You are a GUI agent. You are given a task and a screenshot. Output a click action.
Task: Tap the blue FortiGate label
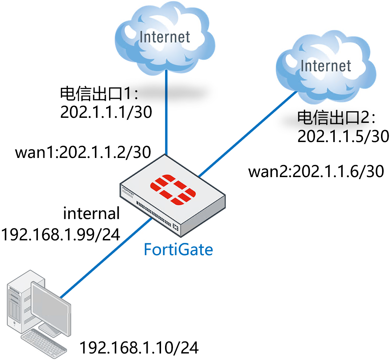[178, 249]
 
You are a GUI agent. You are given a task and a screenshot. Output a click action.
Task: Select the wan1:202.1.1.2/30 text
[83, 153]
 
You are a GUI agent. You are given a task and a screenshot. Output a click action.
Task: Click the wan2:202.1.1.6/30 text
[316, 172]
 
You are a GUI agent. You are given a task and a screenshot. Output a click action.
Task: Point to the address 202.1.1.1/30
[105, 113]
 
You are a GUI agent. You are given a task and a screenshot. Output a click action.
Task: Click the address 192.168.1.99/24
[61, 234]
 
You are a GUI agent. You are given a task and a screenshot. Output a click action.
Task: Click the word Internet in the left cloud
[165, 37]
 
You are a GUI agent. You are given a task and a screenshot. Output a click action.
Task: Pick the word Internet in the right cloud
[326, 66]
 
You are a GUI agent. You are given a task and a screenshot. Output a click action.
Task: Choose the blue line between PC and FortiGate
[105, 258]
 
